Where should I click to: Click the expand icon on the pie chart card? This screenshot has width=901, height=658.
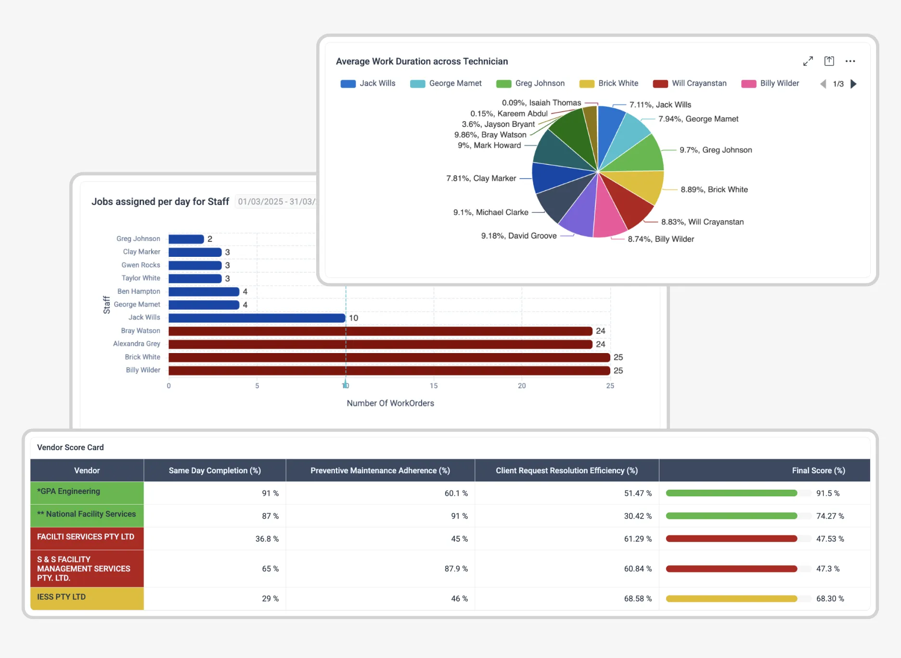(x=808, y=61)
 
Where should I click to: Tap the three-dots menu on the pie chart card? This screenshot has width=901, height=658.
(x=850, y=61)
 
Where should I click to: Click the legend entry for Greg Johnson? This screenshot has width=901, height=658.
(x=530, y=83)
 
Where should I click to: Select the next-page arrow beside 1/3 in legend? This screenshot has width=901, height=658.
(x=854, y=84)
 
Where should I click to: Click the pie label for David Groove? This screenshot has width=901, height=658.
(x=519, y=236)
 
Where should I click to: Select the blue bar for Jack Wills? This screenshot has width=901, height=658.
(x=257, y=318)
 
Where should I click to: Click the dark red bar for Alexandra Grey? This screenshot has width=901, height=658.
(x=380, y=344)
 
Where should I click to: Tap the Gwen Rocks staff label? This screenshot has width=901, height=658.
(x=141, y=265)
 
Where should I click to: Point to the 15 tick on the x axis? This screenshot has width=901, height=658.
(x=434, y=386)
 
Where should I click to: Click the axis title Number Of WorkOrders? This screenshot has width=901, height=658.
(x=390, y=403)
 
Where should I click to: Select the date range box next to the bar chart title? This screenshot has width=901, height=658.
(x=276, y=202)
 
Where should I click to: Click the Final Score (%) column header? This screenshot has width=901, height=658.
(x=818, y=470)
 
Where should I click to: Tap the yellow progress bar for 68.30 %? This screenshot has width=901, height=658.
(x=731, y=599)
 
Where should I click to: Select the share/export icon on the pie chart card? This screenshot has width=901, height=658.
(x=829, y=61)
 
